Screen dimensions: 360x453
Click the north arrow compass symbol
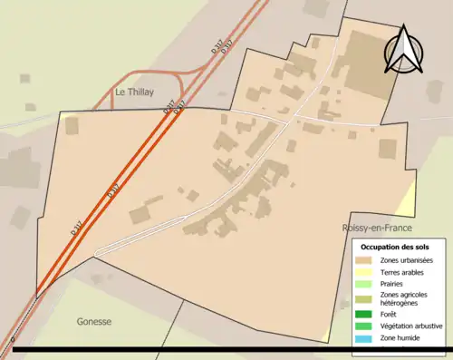[402, 49]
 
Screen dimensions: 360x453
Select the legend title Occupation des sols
[396, 247]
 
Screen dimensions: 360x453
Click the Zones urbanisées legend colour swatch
[364, 261]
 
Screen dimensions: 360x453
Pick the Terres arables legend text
[404, 272]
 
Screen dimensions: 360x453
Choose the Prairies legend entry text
[395, 284]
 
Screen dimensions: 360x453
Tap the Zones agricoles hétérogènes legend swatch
[364, 298]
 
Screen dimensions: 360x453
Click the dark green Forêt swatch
[364, 315]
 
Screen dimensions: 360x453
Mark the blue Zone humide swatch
[364, 337]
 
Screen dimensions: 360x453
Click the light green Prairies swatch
[364, 284]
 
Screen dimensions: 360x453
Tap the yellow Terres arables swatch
[364, 272]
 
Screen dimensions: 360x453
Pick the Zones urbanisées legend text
[407, 261]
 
